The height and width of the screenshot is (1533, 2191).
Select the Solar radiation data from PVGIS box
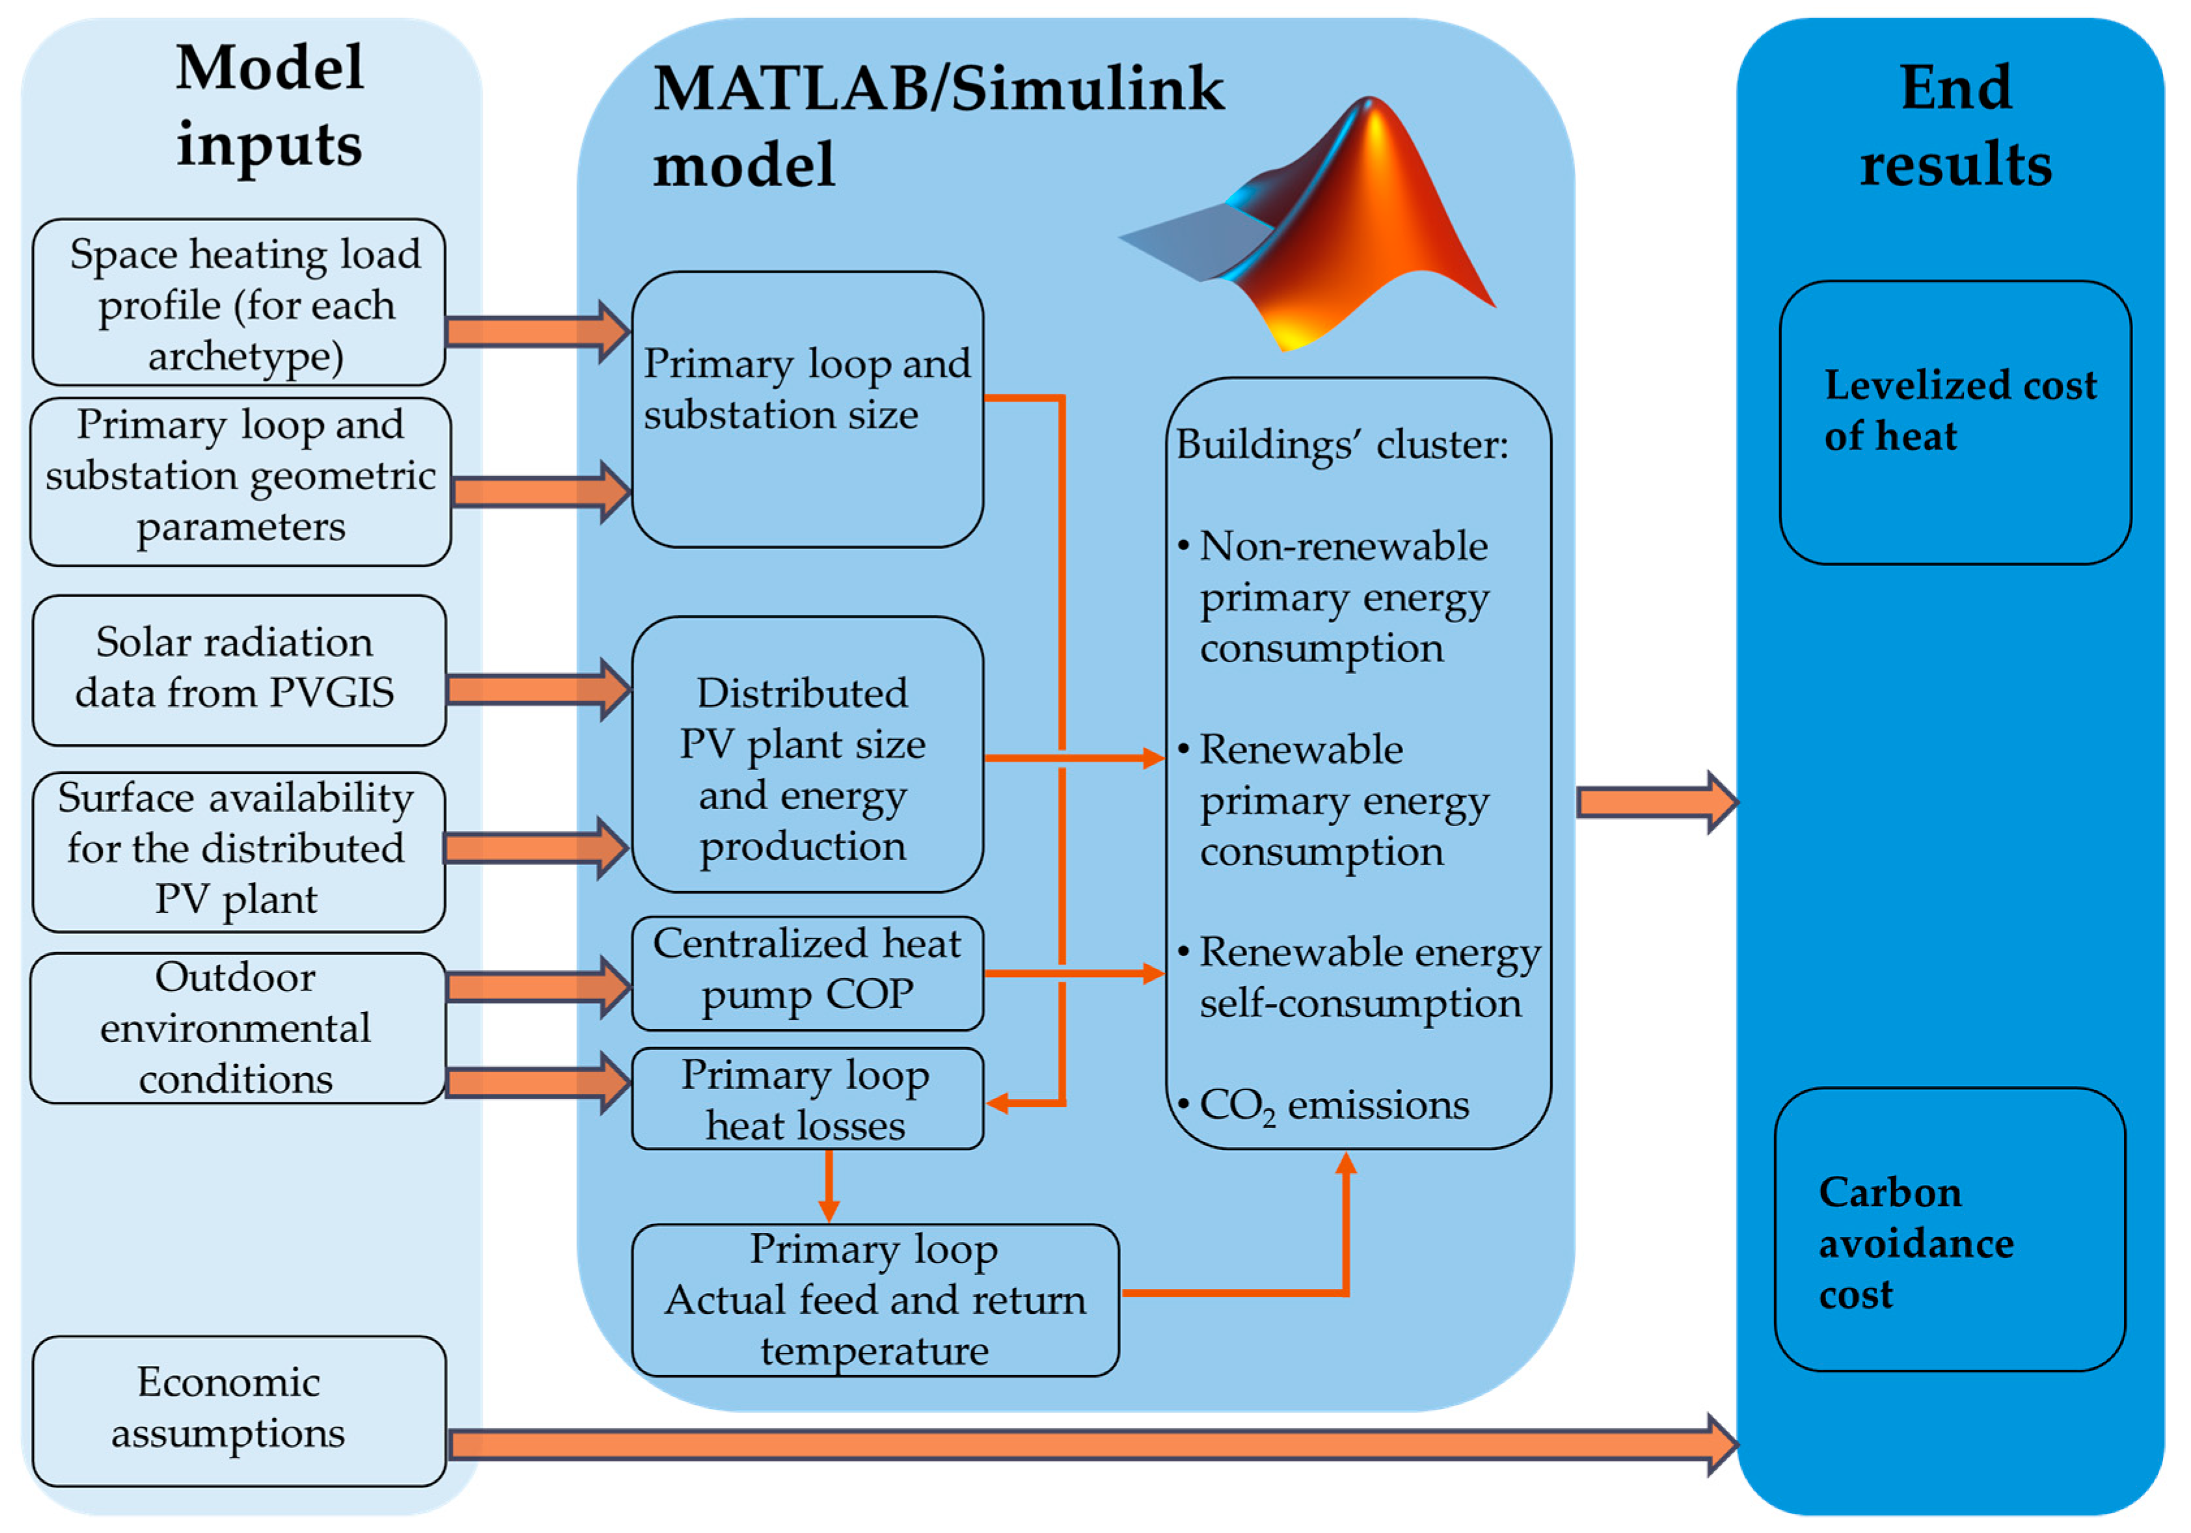tap(239, 670)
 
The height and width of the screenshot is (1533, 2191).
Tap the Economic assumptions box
tap(239, 1410)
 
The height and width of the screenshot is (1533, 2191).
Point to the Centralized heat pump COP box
tap(807, 972)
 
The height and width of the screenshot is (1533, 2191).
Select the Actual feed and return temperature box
tap(874, 1300)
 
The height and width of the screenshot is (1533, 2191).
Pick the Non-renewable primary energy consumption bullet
tap(1341, 597)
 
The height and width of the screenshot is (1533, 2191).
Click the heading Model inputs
tap(269, 107)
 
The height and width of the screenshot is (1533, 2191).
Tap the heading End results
tap(1956, 126)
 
